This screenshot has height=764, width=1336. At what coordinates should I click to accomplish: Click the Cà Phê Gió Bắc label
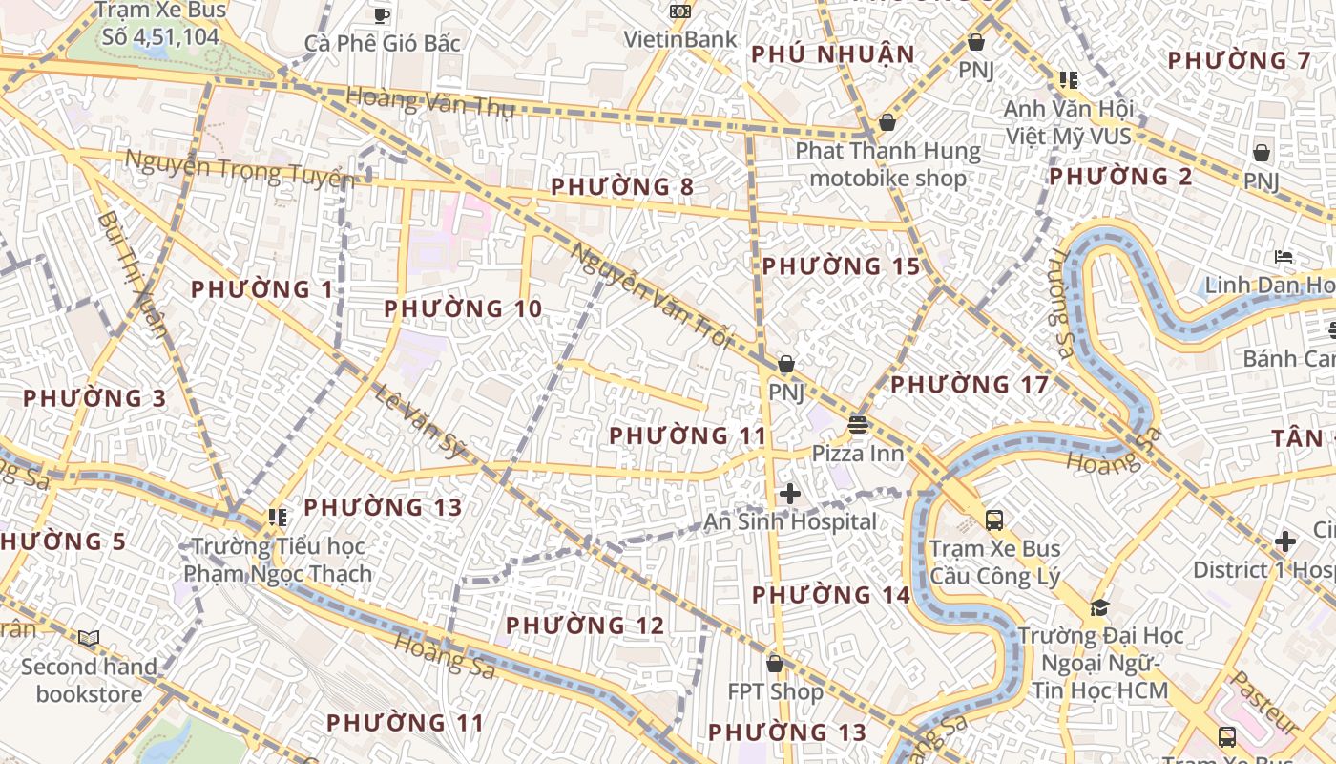pyautogui.click(x=382, y=43)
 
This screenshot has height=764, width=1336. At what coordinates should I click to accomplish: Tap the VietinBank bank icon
pyautogui.click(x=680, y=11)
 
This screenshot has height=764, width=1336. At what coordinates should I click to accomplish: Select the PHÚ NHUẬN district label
pyautogui.click(x=833, y=54)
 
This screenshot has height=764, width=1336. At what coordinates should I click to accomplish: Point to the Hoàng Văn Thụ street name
pyautogui.click(x=430, y=101)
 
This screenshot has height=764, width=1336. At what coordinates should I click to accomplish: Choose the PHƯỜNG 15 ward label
pyautogui.click(x=841, y=266)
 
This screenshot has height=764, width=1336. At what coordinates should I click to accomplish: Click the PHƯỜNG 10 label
pyautogui.click(x=463, y=309)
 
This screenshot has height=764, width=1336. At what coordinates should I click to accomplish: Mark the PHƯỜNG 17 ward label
pyautogui.click(x=970, y=385)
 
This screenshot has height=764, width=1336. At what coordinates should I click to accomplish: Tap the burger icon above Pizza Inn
pyautogui.click(x=857, y=425)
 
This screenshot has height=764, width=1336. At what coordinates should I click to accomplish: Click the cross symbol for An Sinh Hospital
pyautogui.click(x=790, y=494)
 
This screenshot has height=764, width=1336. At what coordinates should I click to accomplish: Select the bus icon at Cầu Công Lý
pyautogui.click(x=994, y=520)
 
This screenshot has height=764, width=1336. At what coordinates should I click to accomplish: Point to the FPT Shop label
pyautogui.click(x=775, y=691)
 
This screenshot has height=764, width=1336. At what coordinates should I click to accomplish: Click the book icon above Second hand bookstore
pyautogui.click(x=89, y=638)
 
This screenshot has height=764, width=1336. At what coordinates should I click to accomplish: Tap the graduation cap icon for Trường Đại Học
pyautogui.click(x=1099, y=608)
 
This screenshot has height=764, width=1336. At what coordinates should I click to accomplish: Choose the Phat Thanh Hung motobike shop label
pyautogui.click(x=887, y=164)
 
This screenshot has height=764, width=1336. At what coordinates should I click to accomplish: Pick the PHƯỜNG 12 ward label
pyautogui.click(x=584, y=626)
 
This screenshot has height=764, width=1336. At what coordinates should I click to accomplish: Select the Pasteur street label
pyautogui.click(x=1264, y=702)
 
